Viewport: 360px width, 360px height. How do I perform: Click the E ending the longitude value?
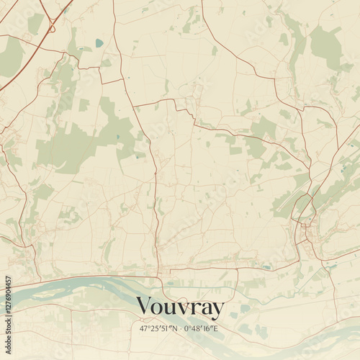click(x=215, y=328)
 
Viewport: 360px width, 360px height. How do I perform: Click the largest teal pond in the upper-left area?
click(x=99, y=42)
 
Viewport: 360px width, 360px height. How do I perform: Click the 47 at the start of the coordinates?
click(x=143, y=328)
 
